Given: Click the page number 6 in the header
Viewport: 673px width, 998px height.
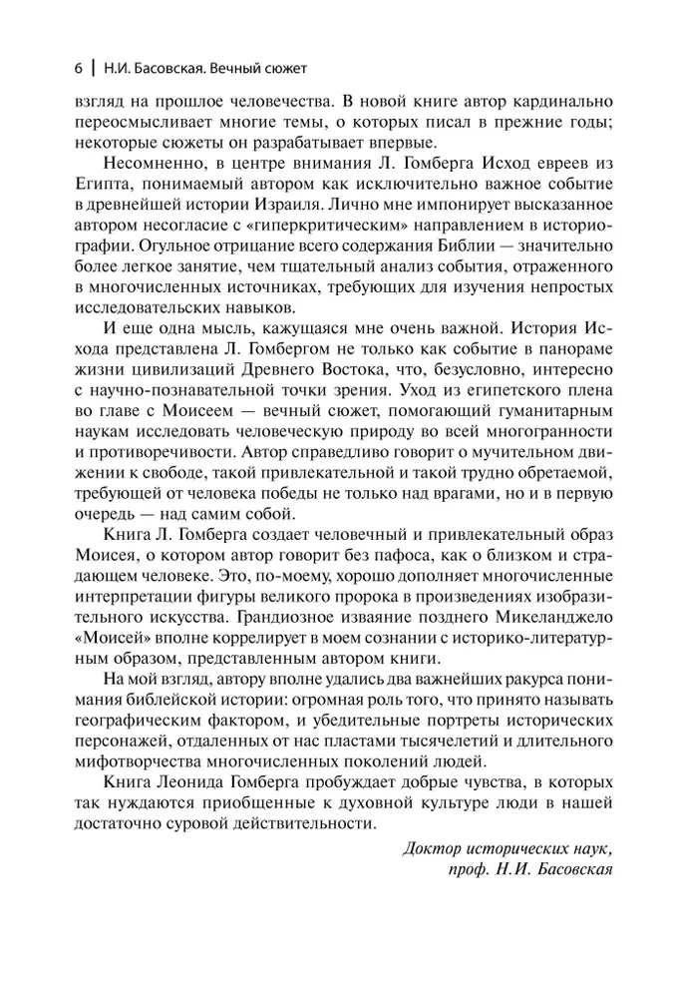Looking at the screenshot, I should [77, 69].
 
